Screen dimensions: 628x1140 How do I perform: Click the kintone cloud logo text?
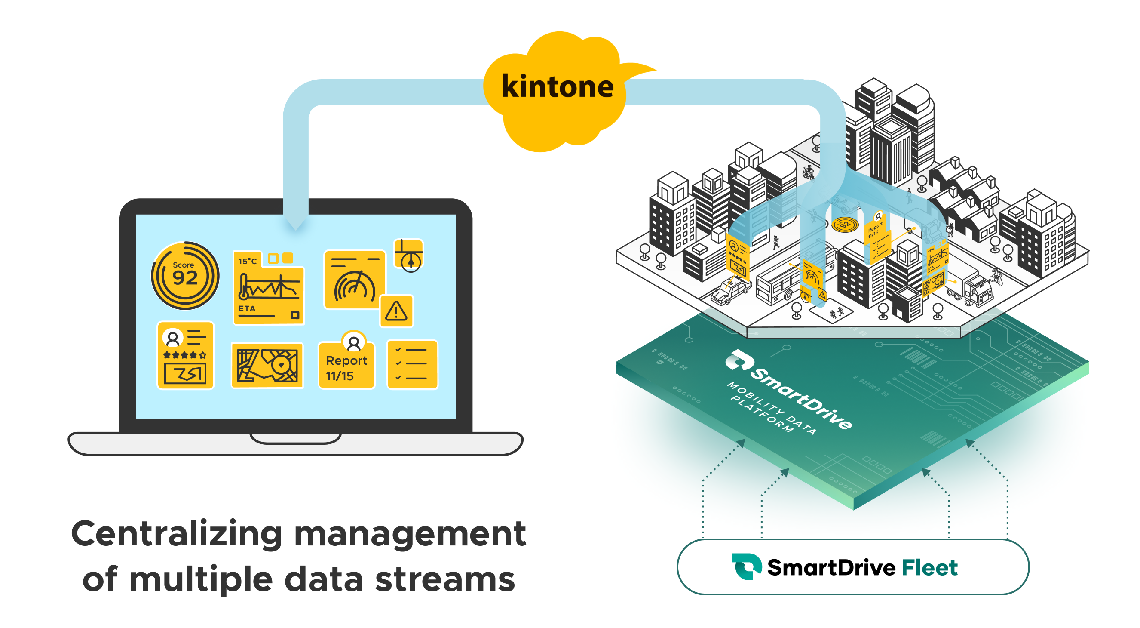point(557,87)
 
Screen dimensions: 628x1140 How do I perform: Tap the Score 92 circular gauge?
point(185,275)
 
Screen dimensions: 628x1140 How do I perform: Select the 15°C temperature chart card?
point(268,288)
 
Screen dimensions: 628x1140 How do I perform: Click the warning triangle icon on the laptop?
point(396,311)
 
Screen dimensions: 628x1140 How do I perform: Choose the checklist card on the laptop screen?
point(412,364)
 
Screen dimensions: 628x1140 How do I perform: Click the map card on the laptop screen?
point(267,366)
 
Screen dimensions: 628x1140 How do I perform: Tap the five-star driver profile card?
point(185,356)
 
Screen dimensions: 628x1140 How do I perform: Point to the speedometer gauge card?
point(355,280)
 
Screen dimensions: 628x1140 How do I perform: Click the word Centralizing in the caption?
point(177,534)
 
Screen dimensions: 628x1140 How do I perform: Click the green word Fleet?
point(929,568)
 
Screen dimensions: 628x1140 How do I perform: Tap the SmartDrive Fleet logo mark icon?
point(747,566)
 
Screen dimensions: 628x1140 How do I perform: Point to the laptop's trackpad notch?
point(295,438)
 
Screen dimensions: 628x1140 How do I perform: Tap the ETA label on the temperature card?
point(247,308)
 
